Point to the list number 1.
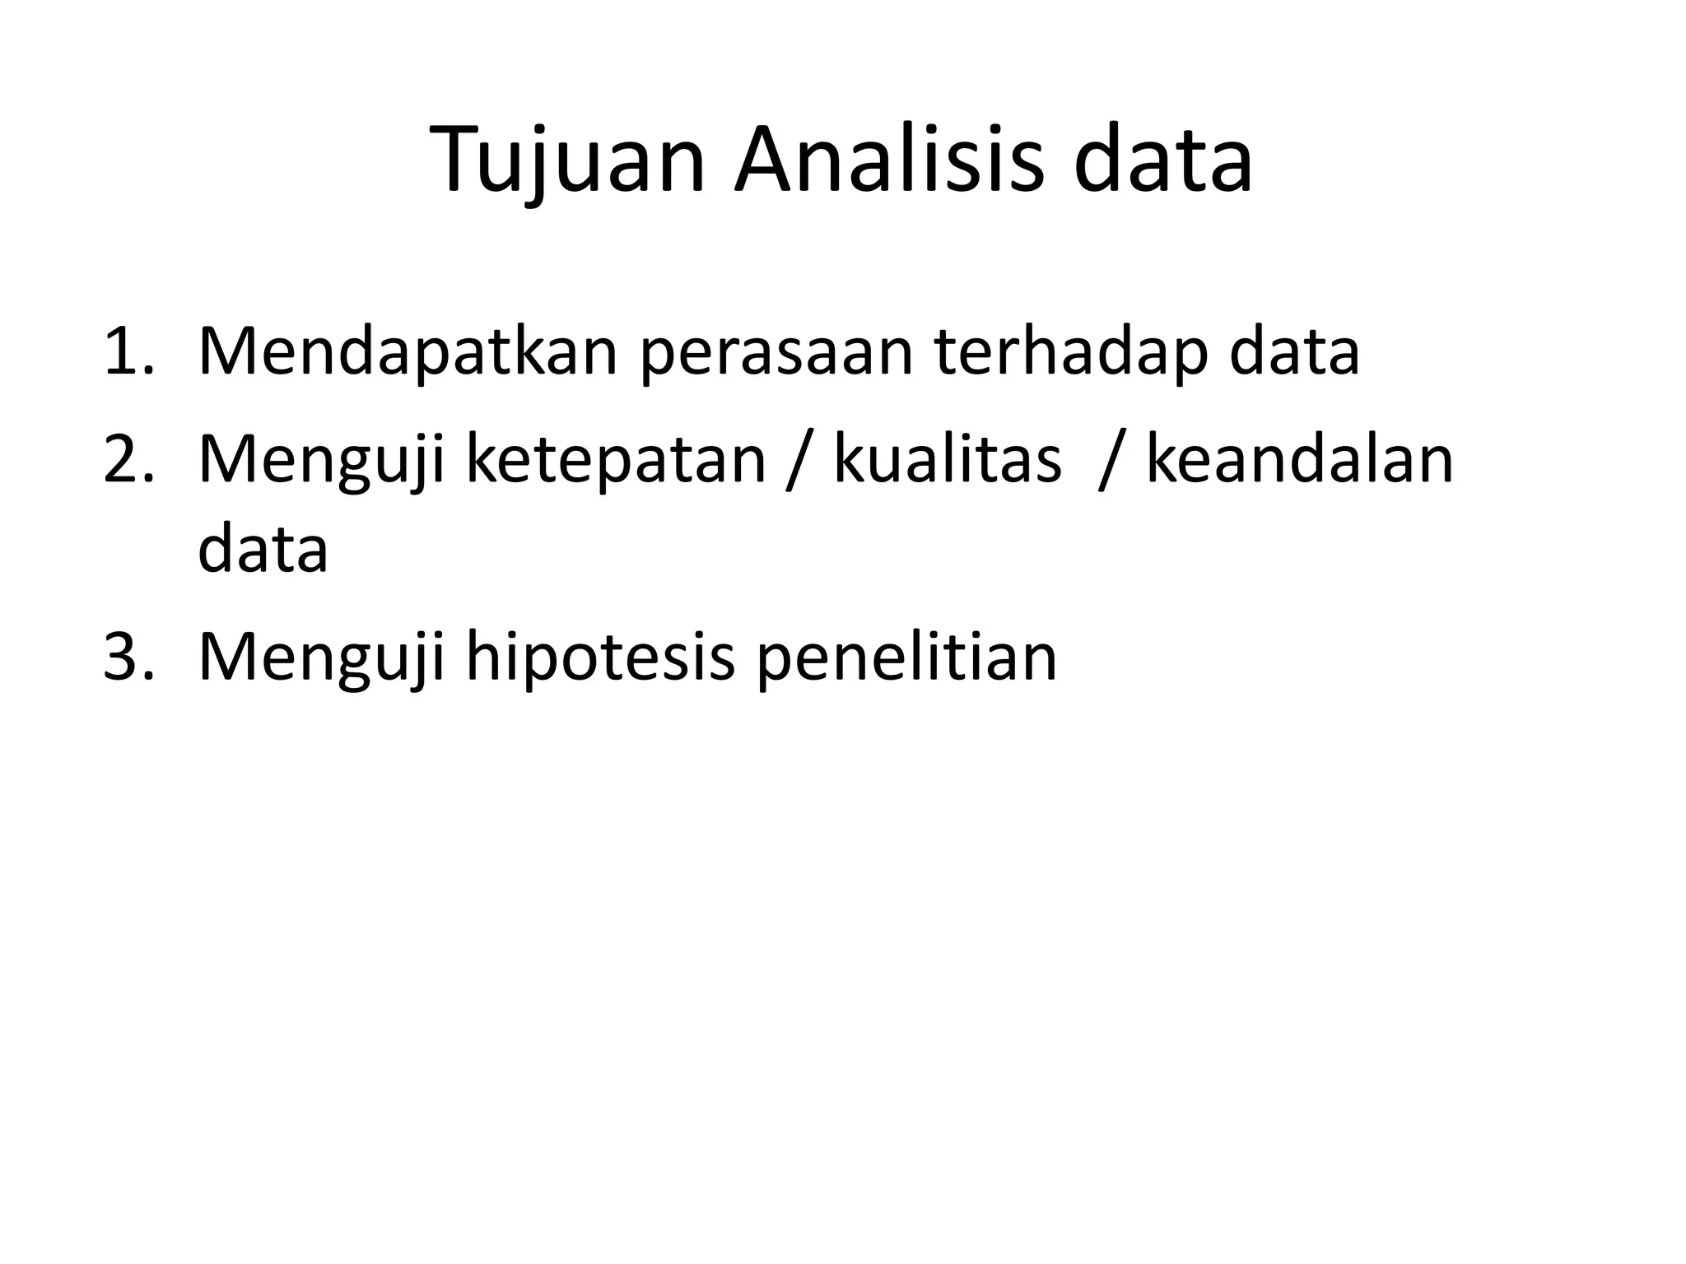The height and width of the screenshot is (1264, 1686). click(x=128, y=352)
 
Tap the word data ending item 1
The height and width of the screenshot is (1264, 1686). click(x=1294, y=352)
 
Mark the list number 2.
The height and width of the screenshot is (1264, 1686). click(x=128, y=461)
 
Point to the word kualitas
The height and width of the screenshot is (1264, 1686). click(x=947, y=461)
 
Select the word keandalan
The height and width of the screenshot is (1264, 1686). click(x=1300, y=461)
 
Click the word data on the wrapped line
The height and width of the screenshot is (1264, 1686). click(x=263, y=550)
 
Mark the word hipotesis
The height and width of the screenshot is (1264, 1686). click(x=600, y=658)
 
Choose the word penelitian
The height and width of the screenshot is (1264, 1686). click(x=906, y=658)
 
